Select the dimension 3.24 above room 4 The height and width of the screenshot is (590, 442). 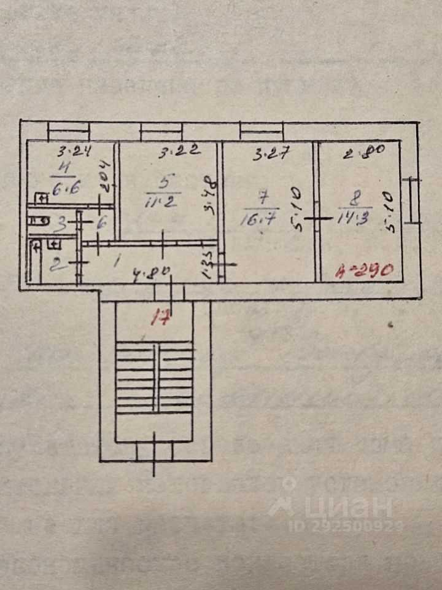(71, 149)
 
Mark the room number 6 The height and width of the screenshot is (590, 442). (101, 223)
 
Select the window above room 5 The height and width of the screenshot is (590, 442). (161, 131)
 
